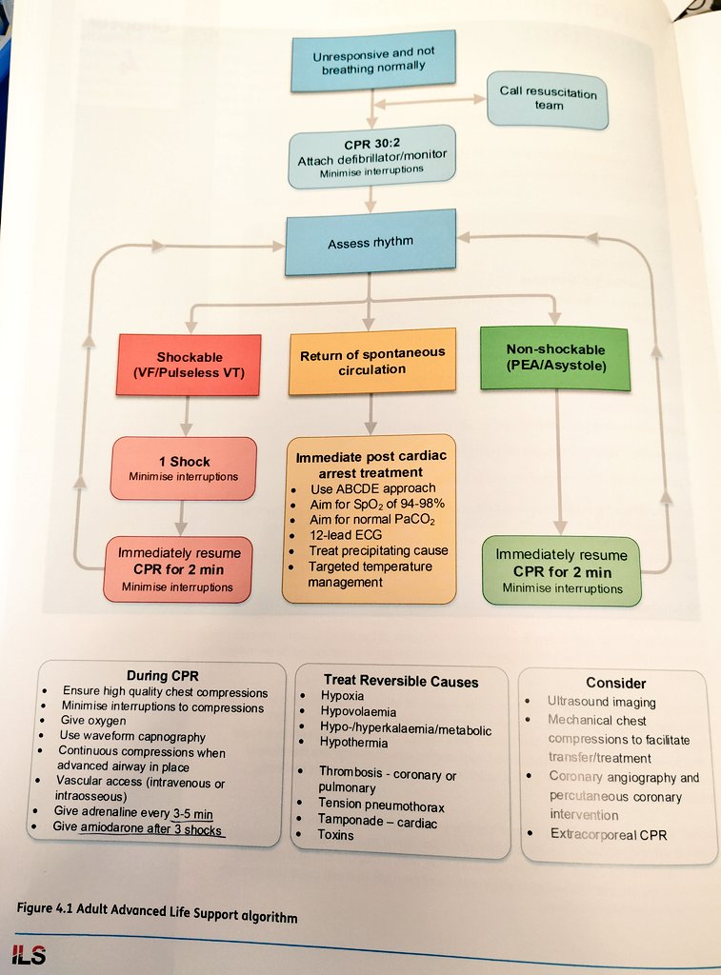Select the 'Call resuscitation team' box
pyautogui.click(x=548, y=99)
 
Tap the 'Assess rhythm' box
pyautogui.click(x=371, y=243)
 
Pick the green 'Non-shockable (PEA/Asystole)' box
pyautogui.click(x=555, y=357)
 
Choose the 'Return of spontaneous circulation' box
pyautogui.click(x=372, y=361)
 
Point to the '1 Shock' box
pyautogui.click(x=183, y=468)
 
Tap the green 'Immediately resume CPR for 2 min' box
pyautogui.click(x=561, y=571)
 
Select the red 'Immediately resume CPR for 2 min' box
pyautogui.click(x=178, y=569)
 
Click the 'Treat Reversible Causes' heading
pyautogui.click(x=401, y=681)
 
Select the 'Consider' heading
pyautogui.click(x=616, y=683)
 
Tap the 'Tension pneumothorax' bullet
pyautogui.click(x=381, y=806)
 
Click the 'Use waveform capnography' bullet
pyautogui.click(x=133, y=736)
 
